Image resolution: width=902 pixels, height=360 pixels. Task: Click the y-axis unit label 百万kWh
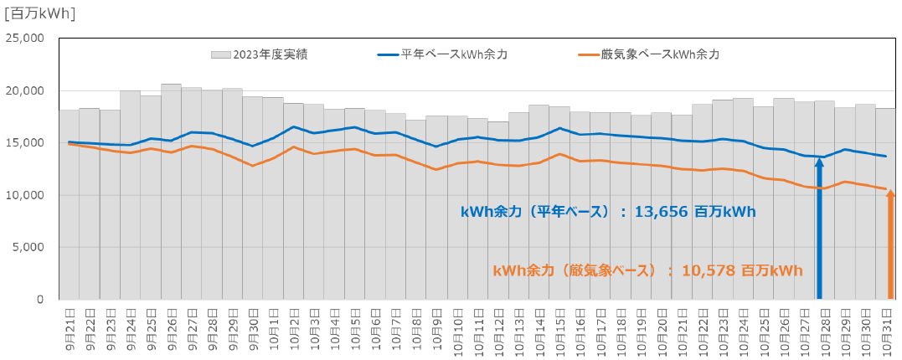click(39, 13)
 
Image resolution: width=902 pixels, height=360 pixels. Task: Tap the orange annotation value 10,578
click(709, 270)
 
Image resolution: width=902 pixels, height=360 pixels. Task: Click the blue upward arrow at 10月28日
click(819, 226)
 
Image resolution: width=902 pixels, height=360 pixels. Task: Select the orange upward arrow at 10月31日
click(890, 243)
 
